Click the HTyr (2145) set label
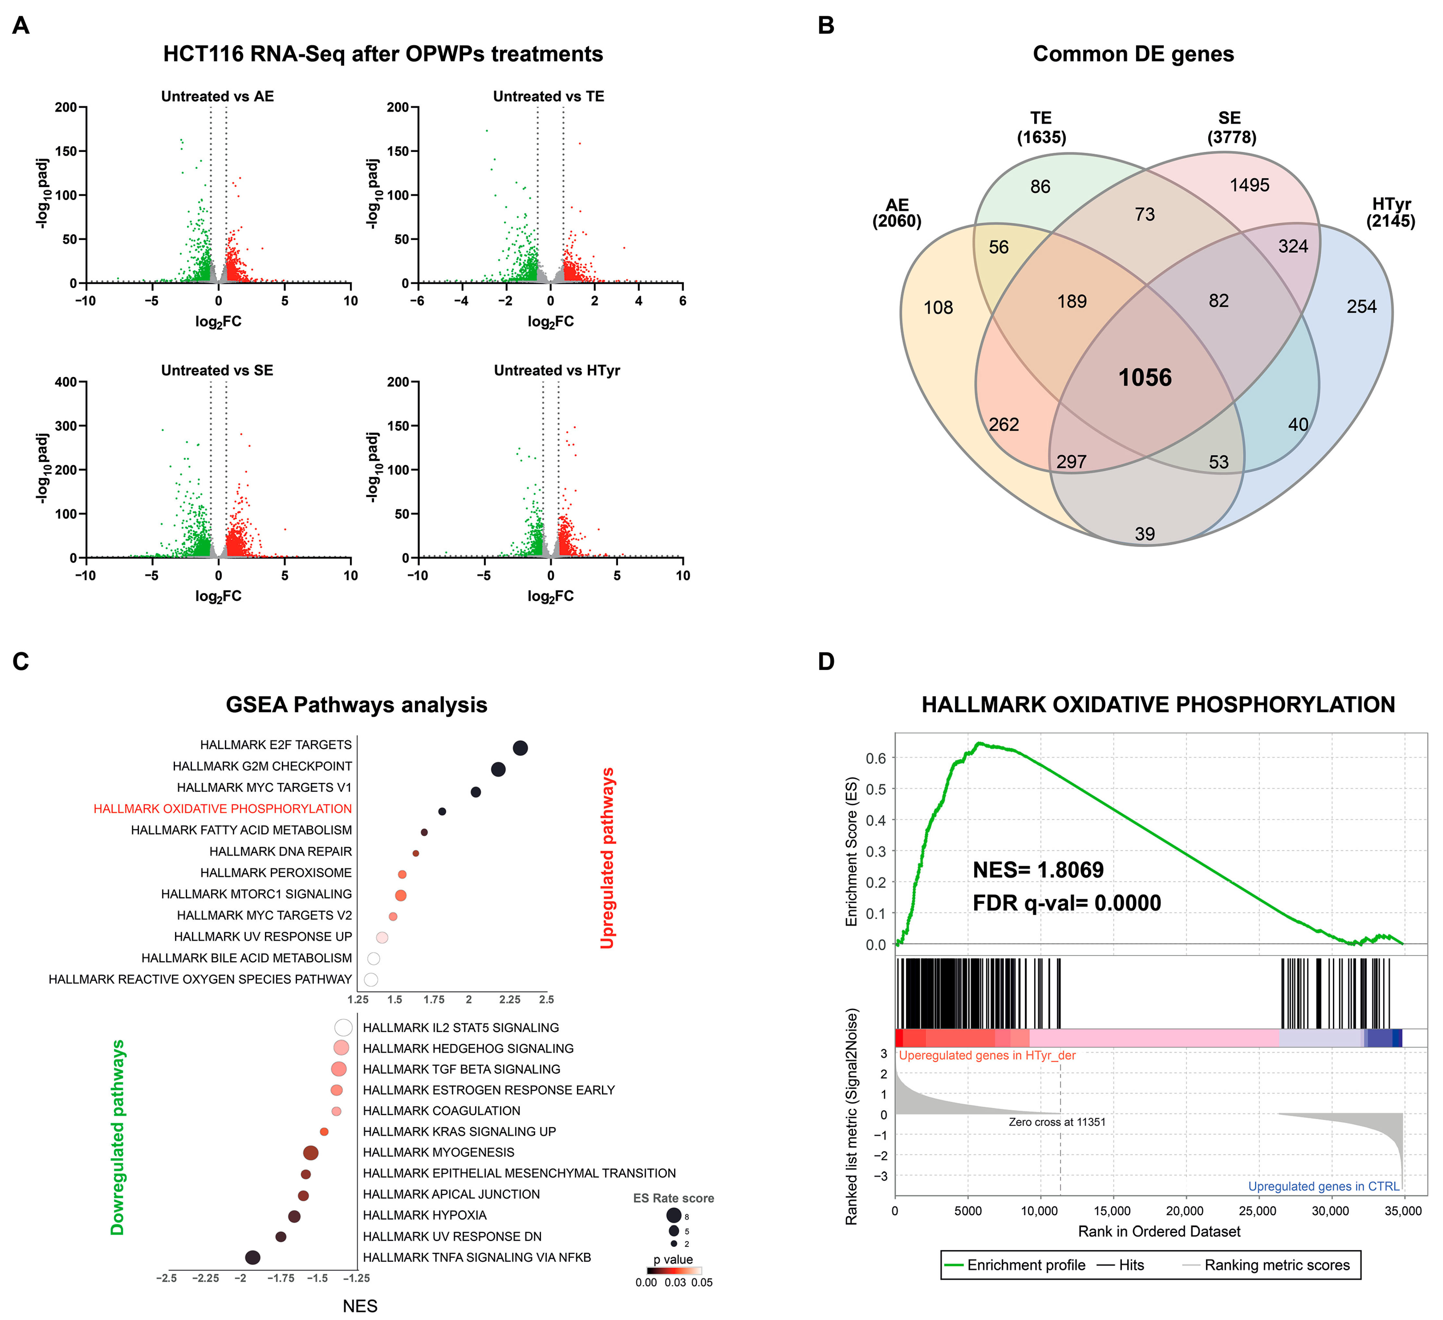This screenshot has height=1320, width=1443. [1390, 213]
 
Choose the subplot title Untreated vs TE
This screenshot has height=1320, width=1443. [548, 96]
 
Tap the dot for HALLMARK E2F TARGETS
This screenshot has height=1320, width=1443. [521, 748]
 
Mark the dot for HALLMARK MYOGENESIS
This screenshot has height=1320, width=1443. [311, 1152]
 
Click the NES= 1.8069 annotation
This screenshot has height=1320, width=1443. [1038, 870]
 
